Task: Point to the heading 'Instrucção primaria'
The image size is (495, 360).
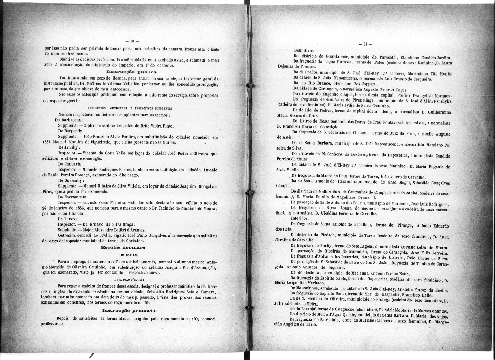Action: point(129,310)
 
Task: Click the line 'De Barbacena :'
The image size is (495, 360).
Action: point(69,120)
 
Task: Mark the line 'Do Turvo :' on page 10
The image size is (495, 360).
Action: point(65,219)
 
